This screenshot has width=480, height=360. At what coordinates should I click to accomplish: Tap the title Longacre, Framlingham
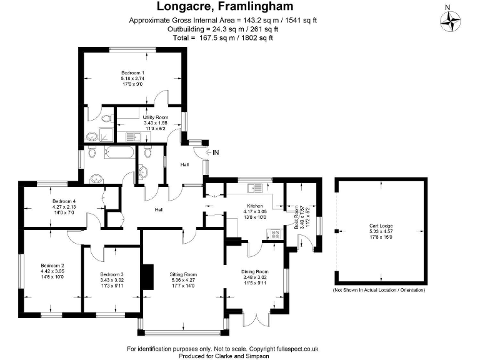pyautogui.click(x=222, y=7)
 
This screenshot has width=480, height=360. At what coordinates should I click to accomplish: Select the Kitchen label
pyautogui.click(x=254, y=206)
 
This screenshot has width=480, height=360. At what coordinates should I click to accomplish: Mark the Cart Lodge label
pyautogui.click(x=381, y=227)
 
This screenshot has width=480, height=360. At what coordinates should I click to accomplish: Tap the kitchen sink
pyautogui.click(x=256, y=187)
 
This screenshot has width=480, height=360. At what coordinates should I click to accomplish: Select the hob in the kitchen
pyautogui.click(x=274, y=234)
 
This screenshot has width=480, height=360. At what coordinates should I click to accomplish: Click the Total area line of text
pyautogui.click(x=222, y=37)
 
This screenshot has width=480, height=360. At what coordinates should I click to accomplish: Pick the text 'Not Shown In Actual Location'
pyautogui.click(x=379, y=291)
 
